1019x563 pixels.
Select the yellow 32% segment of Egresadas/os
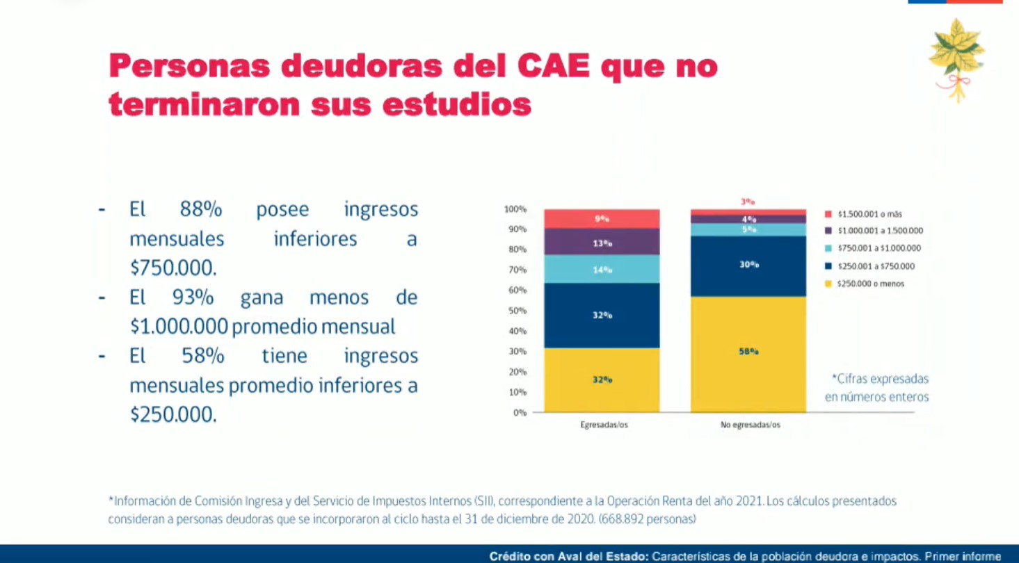(x=602, y=380)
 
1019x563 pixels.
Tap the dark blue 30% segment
(x=748, y=266)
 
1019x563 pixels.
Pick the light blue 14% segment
(x=602, y=270)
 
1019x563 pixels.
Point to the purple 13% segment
(x=602, y=243)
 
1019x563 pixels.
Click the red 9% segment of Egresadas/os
(x=602, y=219)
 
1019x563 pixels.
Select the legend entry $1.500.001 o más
(x=867, y=214)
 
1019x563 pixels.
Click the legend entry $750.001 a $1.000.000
(x=874, y=248)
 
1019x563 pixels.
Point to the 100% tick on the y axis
(x=515, y=209)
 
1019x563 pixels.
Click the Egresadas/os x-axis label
(x=604, y=425)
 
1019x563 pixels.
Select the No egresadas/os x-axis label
(x=750, y=425)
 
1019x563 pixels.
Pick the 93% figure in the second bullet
(x=193, y=297)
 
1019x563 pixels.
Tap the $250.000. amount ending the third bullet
(x=173, y=415)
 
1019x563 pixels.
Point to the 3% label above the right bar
(x=748, y=202)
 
